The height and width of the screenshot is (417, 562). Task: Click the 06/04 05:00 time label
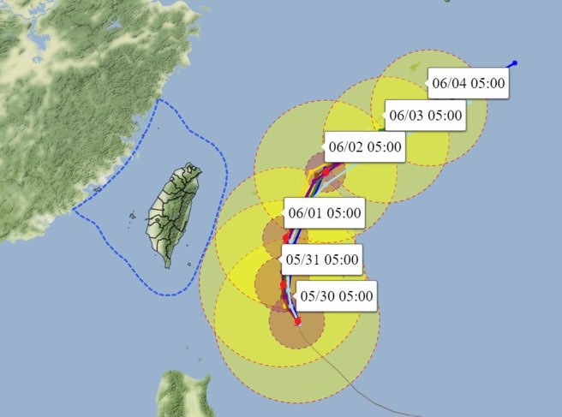pos(469,84)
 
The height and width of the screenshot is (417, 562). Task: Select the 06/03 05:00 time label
pos(425,115)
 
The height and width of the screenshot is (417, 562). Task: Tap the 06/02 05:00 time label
pos(364,146)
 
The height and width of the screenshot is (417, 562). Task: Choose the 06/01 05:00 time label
pos(324,213)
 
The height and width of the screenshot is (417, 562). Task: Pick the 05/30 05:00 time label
pos(336,296)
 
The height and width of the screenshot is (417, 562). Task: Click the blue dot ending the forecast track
pos(514,63)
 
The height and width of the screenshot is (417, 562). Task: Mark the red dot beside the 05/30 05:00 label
pos(297,321)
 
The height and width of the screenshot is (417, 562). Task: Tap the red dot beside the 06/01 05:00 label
pos(286,237)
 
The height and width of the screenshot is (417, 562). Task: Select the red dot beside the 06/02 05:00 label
pos(326,172)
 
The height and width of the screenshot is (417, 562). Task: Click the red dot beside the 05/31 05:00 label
pos(283,284)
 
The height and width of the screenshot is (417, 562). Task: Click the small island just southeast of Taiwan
pos(190,265)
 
